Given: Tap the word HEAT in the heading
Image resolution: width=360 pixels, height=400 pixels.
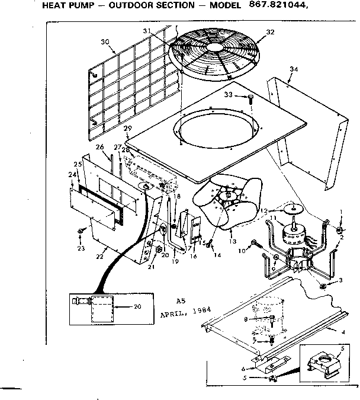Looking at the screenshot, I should [x=56, y=5].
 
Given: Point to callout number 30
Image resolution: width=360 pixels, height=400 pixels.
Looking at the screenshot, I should [x=105, y=41].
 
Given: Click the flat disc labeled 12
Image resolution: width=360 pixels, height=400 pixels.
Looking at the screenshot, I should [x=291, y=207].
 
